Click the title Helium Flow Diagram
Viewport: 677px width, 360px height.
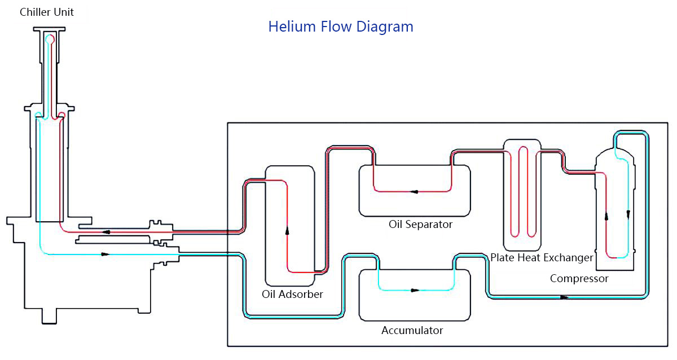click(x=341, y=27)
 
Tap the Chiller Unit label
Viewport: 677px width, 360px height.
click(x=47, y=12)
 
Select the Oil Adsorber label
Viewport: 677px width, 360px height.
click(x=292, y=295)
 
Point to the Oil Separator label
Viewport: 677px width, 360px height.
click(x=420, y=225)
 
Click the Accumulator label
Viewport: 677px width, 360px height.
click(x=412, y=331)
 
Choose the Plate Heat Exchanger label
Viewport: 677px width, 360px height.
click(x=542, y=258)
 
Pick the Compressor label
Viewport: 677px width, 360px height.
click(x=579, y=279)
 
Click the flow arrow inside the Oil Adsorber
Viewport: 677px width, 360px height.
click(x=287, y=230)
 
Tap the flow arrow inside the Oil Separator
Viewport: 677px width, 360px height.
click(x=414, y=192)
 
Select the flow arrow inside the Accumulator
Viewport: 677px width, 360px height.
click(x=415, y=291)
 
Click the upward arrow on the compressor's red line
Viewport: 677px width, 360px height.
click(x=606, y=216)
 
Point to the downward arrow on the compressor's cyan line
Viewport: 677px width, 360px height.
click(x=628, y=215)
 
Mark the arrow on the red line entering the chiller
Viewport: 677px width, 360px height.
click(x=105, y=231)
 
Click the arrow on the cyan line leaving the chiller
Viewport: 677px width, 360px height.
click(x=104, y=254)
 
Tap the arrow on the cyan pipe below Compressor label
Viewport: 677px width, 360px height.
click(x=564, y=297)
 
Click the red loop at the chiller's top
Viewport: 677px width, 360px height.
click(x=51, y=39)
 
